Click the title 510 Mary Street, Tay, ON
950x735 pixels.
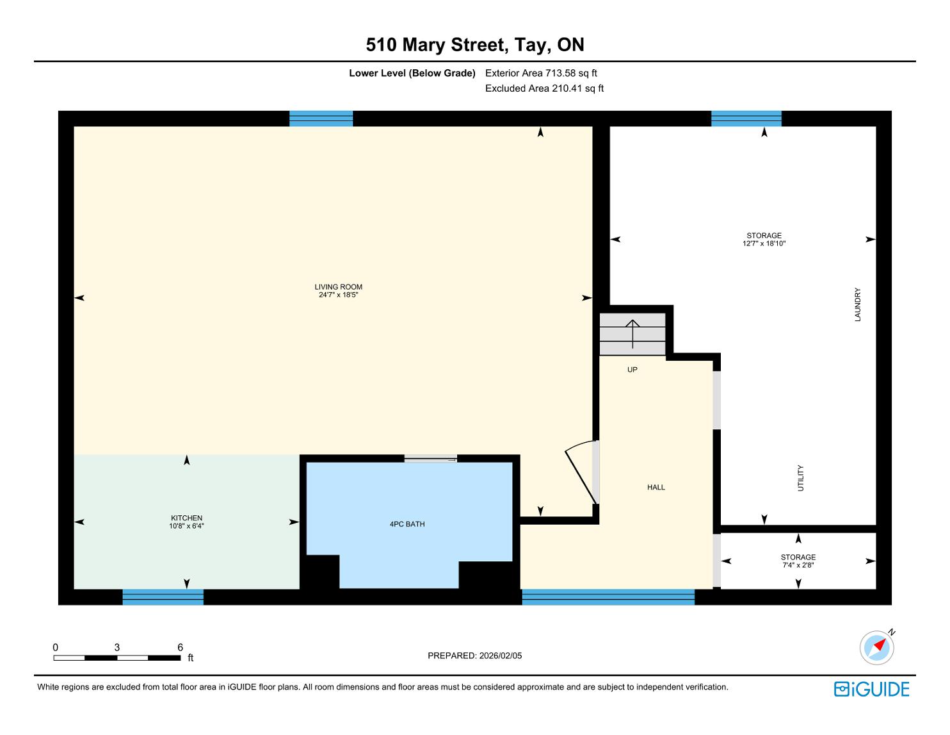click(475, 45)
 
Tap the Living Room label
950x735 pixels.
click(339, 287)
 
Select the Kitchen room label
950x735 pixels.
click(187, 518)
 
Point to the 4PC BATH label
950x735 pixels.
click(407, 524)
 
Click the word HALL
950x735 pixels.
click(656, 488)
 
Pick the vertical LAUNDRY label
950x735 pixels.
click(858, 304)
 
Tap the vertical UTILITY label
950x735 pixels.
click(801, 478)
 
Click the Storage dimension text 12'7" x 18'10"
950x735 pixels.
click(764, 244)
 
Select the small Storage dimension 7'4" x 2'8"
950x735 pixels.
click(798, 565)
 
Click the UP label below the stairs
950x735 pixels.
click(632, 370)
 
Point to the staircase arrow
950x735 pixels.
click(632, 334)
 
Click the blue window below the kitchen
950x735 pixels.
click(163, 597)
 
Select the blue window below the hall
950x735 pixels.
click(608, 597)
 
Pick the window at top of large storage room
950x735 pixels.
click(746, 119)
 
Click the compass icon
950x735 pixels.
click(876, 648)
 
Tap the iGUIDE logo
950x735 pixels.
click(871, 690)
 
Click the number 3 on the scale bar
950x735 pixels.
click(117, 647)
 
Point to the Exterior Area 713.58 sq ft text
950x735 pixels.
click(541, 73)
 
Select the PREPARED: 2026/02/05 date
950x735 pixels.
click(475, 656)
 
